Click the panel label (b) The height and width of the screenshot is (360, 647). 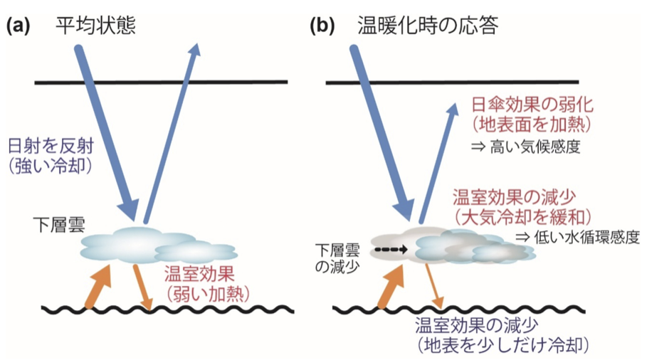click(321, 26)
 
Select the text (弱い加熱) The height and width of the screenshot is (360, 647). click(196, 291)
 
